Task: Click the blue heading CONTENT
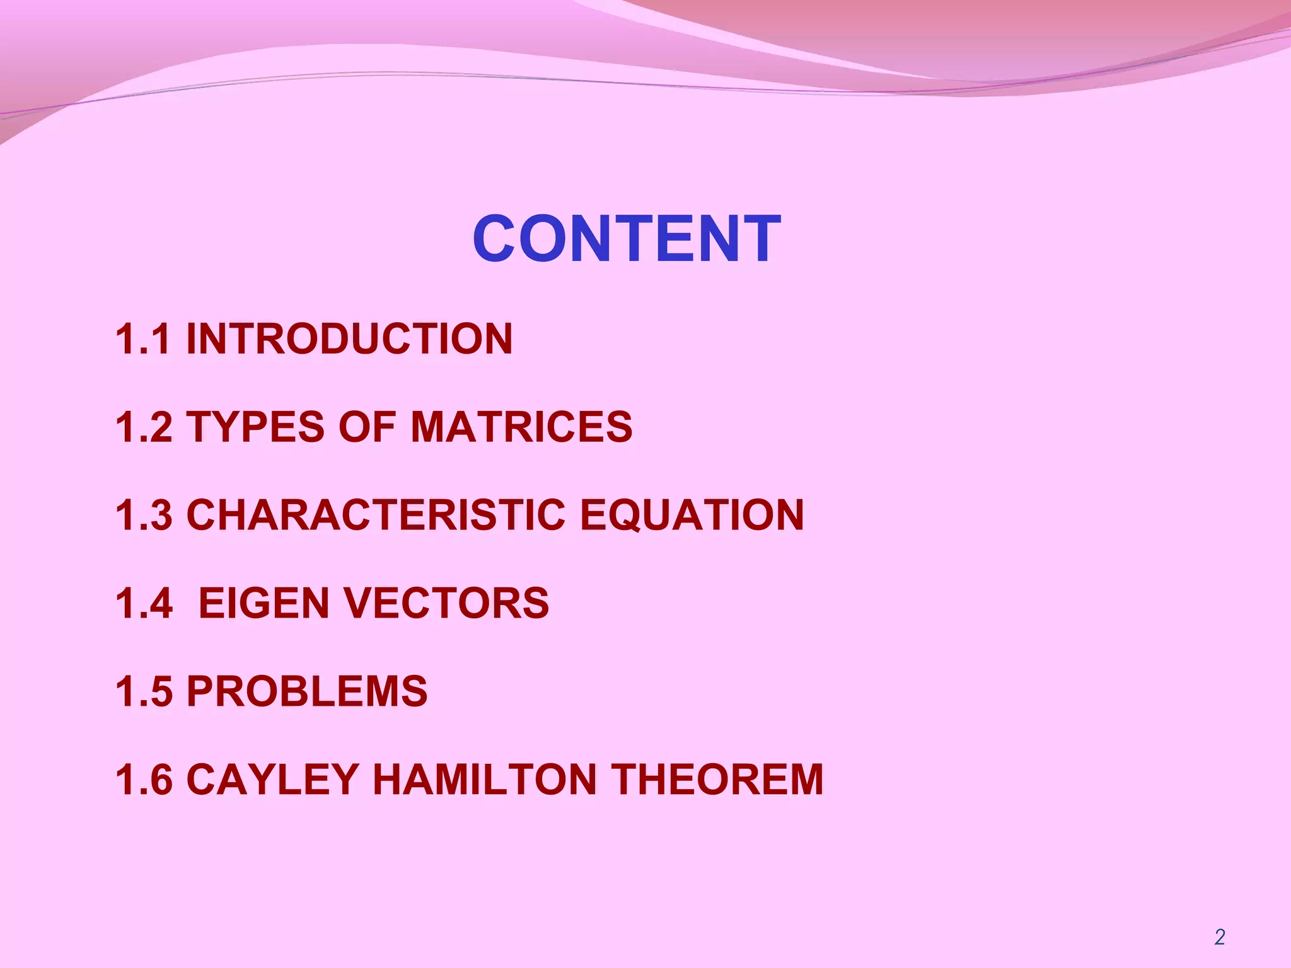(x=627, y=239)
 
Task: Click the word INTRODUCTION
(x=349, y=339)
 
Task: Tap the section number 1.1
(x=143, y=339)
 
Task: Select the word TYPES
(x=255, y=427)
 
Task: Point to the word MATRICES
(x=521, y=427)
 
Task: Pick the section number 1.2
(x=143, y=427)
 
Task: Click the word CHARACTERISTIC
(x=376, y=515)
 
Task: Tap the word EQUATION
(x=692, y=515)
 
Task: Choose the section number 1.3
(x=143, y=515)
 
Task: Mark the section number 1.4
(x=143, y=603)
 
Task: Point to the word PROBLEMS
(x=307, y=691)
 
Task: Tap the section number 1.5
(x=143, y=691)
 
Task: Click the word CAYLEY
(x=272, y=780)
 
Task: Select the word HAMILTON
(x=485, y=780)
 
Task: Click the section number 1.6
(x=143, y=780)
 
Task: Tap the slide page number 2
(x=1219, y=937)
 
